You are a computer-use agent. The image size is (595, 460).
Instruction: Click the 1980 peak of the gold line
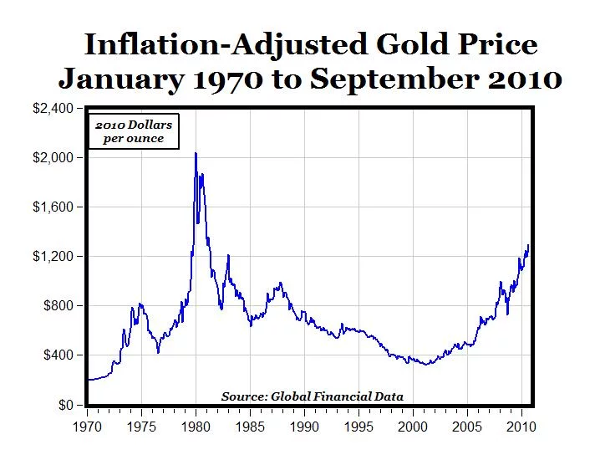click(196, 153)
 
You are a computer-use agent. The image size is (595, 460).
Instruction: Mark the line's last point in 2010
click(528, 245)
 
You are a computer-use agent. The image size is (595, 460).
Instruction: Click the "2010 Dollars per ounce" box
click(134, 131)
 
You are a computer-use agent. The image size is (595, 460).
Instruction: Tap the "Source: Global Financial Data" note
click(313, 396)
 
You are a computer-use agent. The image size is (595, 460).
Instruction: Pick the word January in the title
click(118, 79)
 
